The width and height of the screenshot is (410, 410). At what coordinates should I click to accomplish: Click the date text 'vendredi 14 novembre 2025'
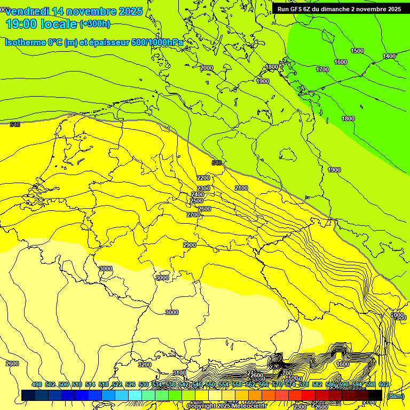[x=74, y=11]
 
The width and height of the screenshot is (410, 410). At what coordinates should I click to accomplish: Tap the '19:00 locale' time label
[x=41, y=24]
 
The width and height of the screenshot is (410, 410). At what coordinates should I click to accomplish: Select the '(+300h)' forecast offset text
[x=95, y=24]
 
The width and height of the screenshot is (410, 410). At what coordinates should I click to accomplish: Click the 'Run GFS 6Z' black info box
[x=339, y=9]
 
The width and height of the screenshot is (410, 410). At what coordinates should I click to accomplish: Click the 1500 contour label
[x=357, y=51]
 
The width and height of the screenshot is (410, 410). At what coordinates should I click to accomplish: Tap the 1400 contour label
[x=389, y=56]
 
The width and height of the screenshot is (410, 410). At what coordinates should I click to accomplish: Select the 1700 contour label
[x=322, y=69]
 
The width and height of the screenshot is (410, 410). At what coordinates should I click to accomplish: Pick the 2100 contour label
[x=241, y=188]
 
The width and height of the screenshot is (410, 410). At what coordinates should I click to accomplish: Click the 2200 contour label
[x=203, y=178]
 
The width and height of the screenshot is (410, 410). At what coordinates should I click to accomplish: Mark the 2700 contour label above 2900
[x=193, y=215]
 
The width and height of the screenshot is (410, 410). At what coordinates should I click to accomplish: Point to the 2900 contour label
[x=190, y=245]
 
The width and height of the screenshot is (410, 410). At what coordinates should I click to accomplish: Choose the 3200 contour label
[x=145, y=365]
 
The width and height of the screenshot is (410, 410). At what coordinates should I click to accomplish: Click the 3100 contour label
[x=179, y=373]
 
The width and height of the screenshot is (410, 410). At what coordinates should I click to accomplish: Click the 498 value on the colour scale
[x=37, y=384]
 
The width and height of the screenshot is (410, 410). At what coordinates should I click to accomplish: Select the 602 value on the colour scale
[x=384, y=384]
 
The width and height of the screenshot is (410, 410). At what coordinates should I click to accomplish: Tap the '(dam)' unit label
[x=395, y=396]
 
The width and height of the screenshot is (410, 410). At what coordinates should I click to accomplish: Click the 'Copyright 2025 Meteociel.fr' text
[x=226, y=406]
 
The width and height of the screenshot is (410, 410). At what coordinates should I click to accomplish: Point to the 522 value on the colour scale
[x=117, y=384]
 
